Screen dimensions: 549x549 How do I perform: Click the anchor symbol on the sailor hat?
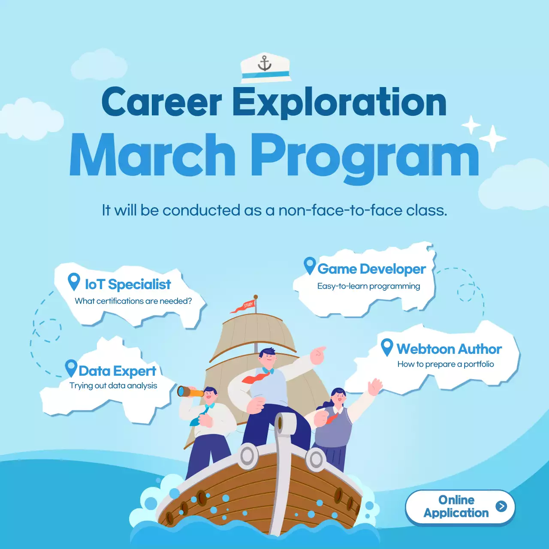click(x=265, y=64)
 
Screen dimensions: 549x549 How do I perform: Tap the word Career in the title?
click(x=162, y=102)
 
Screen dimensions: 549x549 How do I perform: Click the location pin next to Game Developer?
click(x=310, y=265)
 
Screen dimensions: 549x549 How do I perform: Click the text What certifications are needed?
click(x=133, y=301)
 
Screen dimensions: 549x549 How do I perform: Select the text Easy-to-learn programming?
click(x=368, y=286)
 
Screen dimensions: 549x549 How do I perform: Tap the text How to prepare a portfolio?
click(x=446, y=364)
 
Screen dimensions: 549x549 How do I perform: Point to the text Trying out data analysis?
click(x=113, y=386)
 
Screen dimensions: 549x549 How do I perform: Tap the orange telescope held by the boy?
click(x=190, y=391)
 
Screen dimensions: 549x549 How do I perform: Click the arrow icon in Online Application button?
click(x=501, y=506)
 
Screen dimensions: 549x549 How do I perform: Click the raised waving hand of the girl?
click(x=375, y=386)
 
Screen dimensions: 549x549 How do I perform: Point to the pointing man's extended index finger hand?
click(x=318, y=354)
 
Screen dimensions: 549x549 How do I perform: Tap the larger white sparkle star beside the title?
click(x=493, y=138)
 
